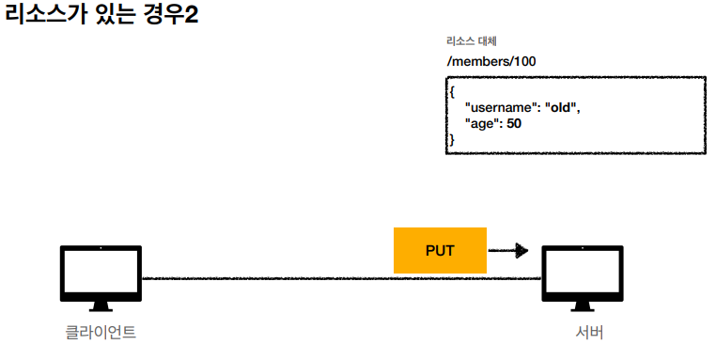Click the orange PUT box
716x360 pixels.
(x=440, y=250)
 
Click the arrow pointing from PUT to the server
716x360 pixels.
(x=508, y=250)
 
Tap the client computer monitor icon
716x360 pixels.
(x=101, y=278)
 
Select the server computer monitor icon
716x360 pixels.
(x=583, y=278)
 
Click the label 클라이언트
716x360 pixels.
(x=101, y=332)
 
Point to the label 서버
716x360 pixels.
(x=589, y=332)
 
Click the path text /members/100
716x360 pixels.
(x=491, y=61)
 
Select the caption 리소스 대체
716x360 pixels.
(x=472, y=41)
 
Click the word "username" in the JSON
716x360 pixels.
(x=499, y=107)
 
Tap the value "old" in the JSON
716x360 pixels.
(x=561, y=107)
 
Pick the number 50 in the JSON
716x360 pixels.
(x=514, y=123)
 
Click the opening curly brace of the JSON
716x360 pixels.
(x=452, y=92)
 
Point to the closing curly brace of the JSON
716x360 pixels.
(x=452, y=139)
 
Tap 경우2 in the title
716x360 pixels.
(x=171, y=14)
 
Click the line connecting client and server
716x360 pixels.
(x=342, y=278)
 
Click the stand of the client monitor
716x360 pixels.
(x=101, y=306)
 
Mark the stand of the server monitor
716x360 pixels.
(x=583, y=306)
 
